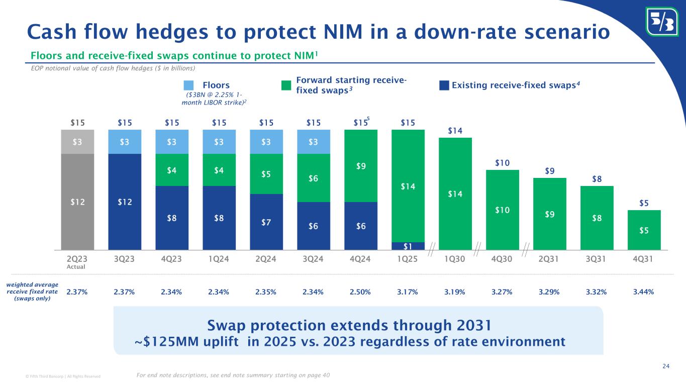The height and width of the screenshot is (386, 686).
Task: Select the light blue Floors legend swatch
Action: (x=188, y=85)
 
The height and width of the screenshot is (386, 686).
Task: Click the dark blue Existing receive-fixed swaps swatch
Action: (x=444, y=85)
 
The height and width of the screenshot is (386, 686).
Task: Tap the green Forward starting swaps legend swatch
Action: (x=286, y=85)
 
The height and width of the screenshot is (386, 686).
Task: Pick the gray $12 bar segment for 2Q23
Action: (x=77, y=201)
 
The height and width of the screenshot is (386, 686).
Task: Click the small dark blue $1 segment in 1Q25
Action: (x=408, y=246)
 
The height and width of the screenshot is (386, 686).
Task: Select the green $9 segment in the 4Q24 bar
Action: (x=361, y=166)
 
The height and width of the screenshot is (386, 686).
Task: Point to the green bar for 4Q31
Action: (x=644, y=230)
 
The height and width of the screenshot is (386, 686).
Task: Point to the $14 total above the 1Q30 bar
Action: (x=455, y=131)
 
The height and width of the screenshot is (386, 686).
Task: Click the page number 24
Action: (x=666, y=365)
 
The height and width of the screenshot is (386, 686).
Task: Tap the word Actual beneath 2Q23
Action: (x=77, y=266)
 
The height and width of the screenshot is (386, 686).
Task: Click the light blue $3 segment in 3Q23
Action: (x=125, y=142)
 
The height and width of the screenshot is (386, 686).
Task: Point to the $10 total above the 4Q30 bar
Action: (x=503, y=163)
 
